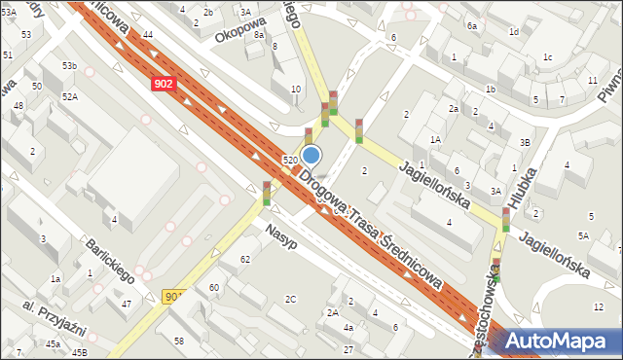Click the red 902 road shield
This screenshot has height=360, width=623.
164,84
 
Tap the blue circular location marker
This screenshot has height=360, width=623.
311,155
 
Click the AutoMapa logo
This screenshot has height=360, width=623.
555,340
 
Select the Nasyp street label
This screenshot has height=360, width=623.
279,236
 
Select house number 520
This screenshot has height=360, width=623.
289,160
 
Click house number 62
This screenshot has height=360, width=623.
244,259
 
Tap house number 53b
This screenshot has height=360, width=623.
69,65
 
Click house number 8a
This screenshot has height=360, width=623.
259,34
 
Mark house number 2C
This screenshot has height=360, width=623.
290,299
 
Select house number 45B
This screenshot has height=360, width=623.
79,352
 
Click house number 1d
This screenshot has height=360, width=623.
513,32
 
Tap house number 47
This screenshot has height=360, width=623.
127,305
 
